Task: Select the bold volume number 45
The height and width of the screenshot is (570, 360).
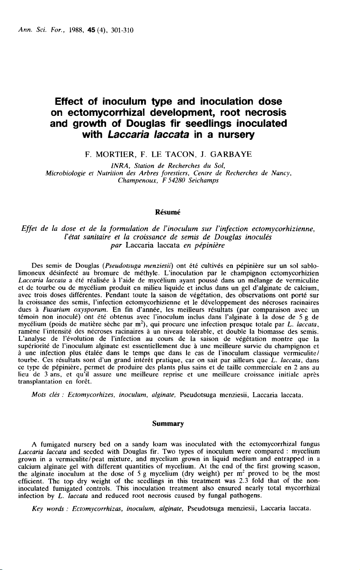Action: [79, 30]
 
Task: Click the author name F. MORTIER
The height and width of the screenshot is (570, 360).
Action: [104, 155]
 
